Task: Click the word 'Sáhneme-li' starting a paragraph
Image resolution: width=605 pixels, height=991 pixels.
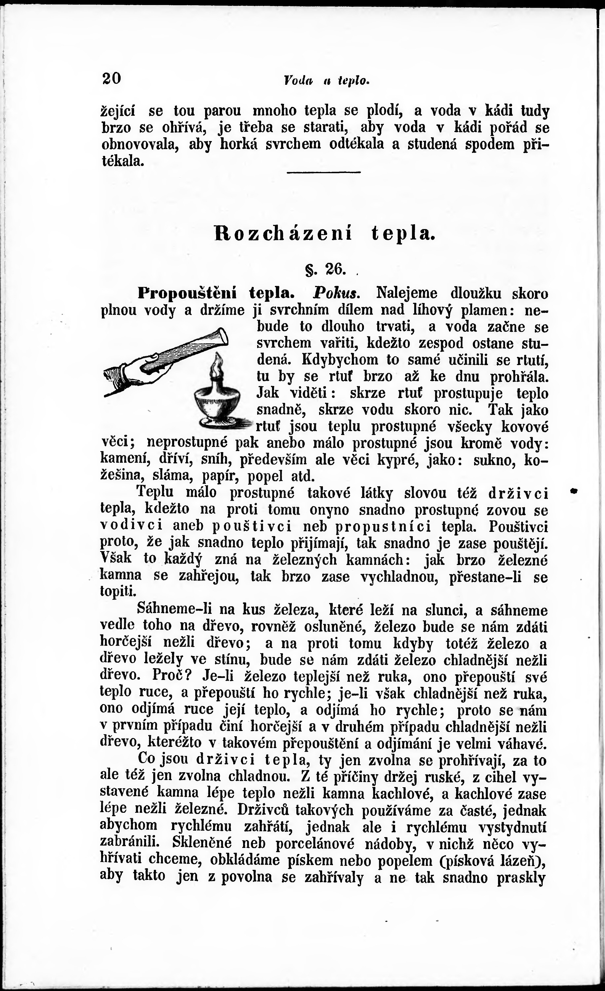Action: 177,610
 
